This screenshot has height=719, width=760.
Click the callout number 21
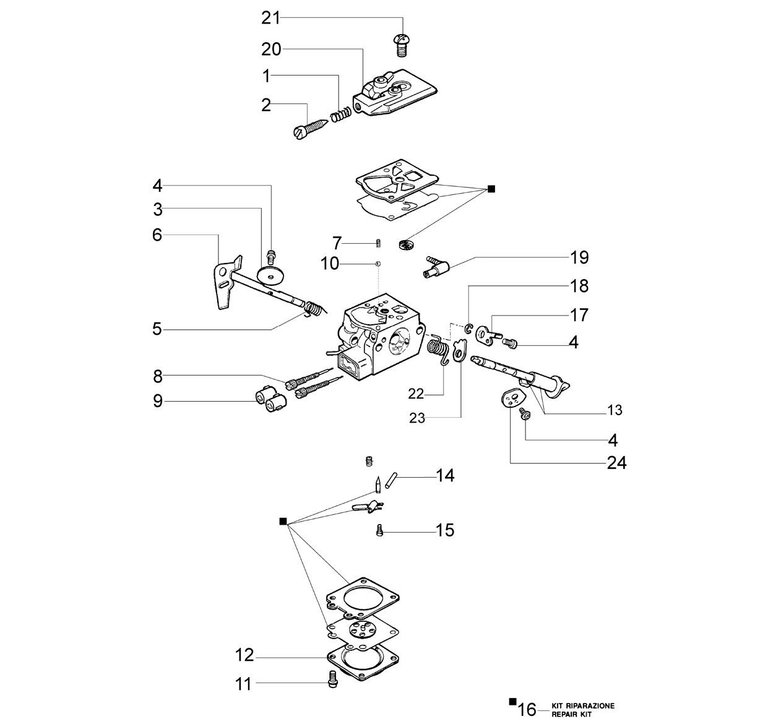[270, 18]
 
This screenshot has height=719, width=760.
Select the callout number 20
[271, 50]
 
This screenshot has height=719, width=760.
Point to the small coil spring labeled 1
[341, 114]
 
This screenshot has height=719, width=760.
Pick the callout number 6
[157, 235]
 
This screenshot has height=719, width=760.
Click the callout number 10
[330, 264]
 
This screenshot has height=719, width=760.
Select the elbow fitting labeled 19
[436, 266]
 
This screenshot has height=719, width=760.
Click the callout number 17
[579, 315]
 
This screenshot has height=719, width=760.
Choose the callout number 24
[617, 462]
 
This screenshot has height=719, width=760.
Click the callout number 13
[615, 410]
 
